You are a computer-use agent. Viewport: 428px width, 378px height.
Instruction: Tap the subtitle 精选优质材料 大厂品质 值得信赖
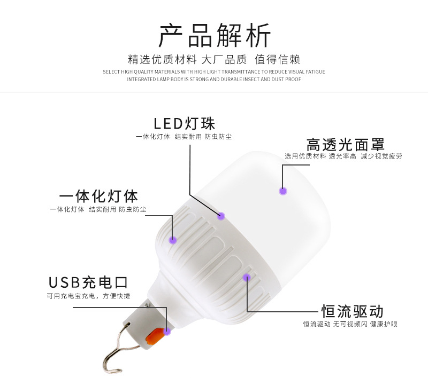pos(214,59)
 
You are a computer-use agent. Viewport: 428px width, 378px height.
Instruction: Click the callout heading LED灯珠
pos(184,123)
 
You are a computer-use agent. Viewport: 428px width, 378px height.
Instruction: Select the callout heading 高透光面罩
pos(345,145)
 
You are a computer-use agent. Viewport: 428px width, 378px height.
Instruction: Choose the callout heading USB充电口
pos(88,282)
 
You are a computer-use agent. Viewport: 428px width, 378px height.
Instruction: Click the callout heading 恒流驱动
pos(352,311)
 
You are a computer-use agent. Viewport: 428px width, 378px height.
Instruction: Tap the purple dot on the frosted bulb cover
pos(283,190)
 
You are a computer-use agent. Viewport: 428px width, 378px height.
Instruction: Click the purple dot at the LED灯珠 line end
pos(221,216)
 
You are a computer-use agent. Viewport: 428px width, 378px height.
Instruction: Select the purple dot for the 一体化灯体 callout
pos(173,240)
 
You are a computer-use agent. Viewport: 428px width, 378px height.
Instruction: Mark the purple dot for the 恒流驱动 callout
pos(247,277)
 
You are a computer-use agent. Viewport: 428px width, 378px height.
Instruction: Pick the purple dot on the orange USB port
pos(167,332)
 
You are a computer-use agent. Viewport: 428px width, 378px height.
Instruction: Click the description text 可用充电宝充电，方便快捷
pos(88,296)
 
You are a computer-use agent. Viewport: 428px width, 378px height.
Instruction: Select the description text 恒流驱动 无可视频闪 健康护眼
pos(350,324)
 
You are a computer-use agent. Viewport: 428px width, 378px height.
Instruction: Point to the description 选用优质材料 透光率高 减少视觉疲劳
pos(343,156)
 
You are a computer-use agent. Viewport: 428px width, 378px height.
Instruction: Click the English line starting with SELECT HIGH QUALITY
pos(214,72)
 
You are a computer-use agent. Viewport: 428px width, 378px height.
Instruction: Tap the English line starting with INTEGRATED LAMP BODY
pos(214,79)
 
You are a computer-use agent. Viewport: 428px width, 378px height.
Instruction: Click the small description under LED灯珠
pos(184,137)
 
